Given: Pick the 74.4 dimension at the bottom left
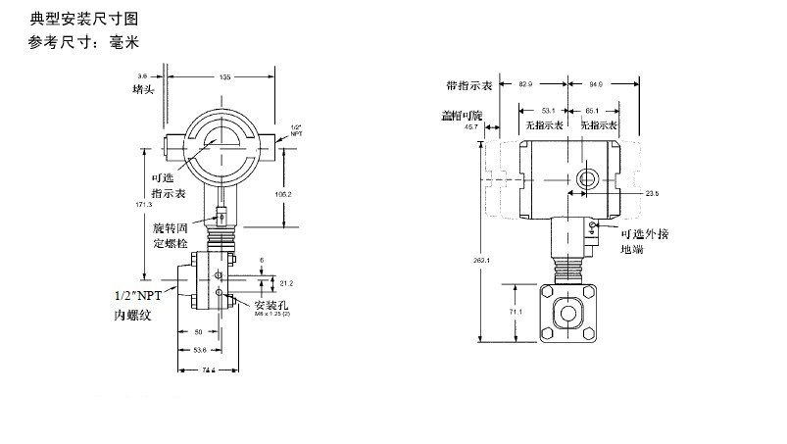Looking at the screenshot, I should (x=209, y=370).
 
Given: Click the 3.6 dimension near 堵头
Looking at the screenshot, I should (x=142, y=75).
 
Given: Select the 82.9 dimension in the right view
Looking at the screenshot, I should (x=524, y=86).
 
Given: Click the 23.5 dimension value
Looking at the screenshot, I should (x=652, y=194).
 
